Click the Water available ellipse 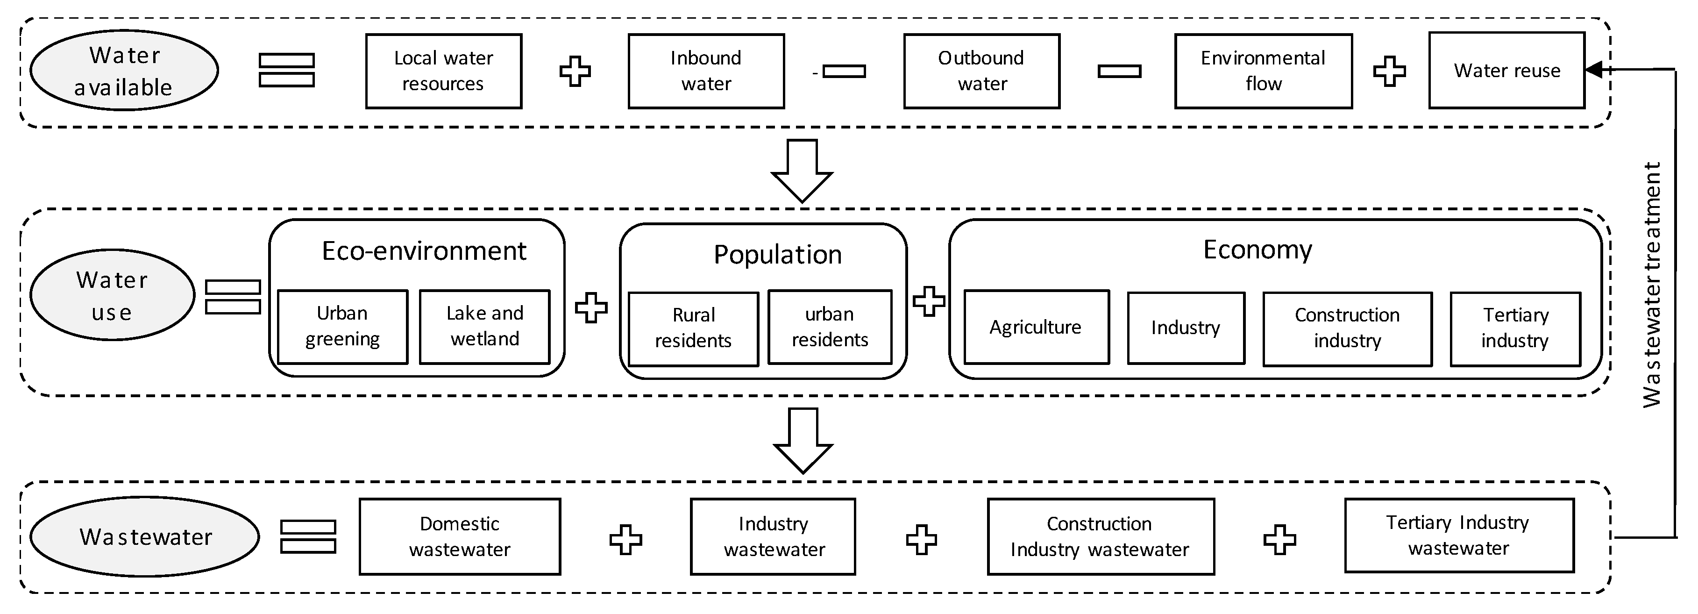124,71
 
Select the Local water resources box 444,71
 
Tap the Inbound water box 706,71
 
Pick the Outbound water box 981,71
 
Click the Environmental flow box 1263,71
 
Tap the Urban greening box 342,327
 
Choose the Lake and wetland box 484,327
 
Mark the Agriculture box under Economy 1036,327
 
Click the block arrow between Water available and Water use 802,170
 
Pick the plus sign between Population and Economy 929,301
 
